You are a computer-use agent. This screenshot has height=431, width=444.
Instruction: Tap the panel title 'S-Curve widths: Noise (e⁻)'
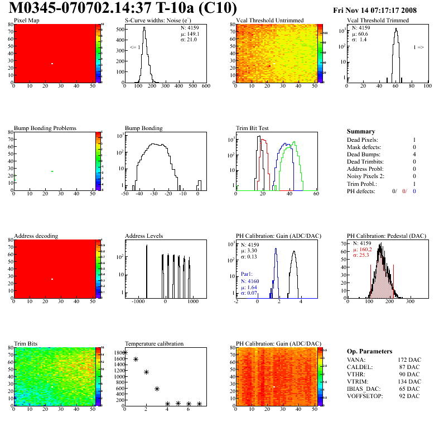159,21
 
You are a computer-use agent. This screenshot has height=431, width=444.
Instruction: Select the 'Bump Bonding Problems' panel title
45,128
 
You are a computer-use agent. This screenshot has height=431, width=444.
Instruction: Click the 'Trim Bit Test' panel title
253,128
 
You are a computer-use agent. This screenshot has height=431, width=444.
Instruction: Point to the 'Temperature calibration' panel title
155,343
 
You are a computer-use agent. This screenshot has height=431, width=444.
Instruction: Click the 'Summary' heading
361,131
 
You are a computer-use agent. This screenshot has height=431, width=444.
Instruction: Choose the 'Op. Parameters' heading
369,351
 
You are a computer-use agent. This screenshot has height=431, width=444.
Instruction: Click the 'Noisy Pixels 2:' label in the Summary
366,176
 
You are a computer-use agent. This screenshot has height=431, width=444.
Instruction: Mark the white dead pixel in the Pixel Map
52,64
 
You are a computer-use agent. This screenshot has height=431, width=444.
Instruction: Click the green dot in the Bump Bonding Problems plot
52,171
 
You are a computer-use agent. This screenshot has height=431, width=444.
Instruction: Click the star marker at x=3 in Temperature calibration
157,389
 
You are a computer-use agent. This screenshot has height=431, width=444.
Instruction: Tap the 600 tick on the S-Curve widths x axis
205,87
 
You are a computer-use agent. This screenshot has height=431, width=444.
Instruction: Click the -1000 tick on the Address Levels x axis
137,301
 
